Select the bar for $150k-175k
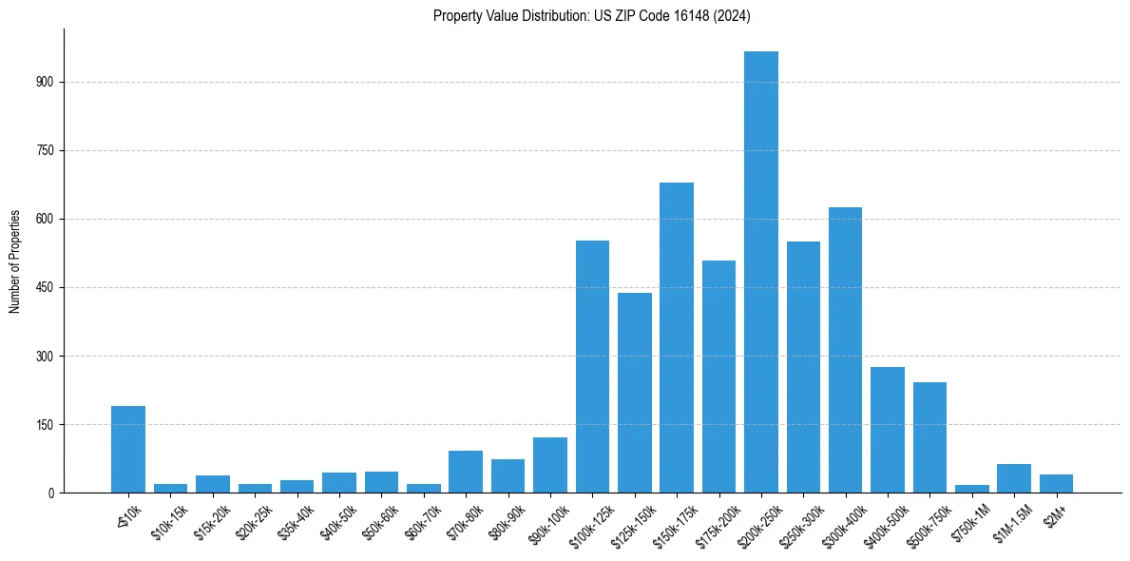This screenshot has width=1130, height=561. (677, 338)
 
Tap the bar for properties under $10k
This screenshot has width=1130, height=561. (128, 449)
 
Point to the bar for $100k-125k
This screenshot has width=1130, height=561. (592, 366)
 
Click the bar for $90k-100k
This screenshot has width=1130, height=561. (549, 465)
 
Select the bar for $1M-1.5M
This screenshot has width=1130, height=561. (1013, 478)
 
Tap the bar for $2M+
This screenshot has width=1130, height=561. (1056, 483)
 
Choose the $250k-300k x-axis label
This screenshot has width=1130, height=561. (805, 522)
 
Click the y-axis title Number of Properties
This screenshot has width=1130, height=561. (15, 261)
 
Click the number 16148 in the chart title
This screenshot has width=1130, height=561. (696, 16)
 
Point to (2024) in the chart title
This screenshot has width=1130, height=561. (734, 16)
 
